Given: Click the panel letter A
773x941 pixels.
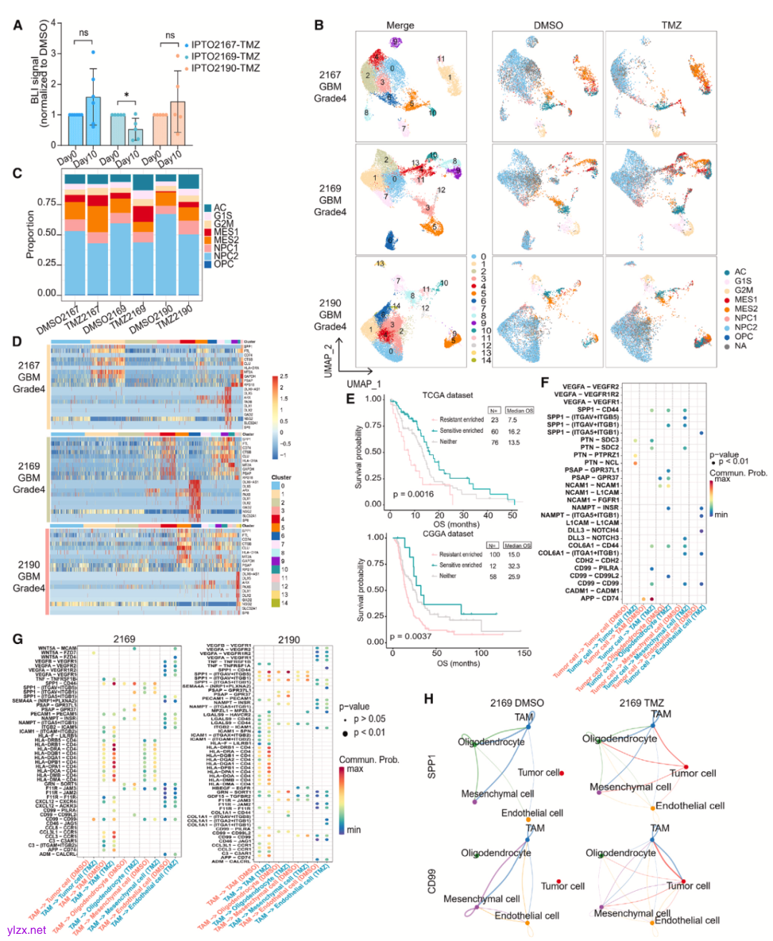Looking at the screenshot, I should (18, 25).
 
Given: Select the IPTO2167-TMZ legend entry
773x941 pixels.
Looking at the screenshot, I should (225, 44).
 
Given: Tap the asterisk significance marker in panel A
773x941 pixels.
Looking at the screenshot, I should (127, 95).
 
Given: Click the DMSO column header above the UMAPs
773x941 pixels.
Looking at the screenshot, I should (548, 25).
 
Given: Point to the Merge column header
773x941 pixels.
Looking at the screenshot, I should (400, 25).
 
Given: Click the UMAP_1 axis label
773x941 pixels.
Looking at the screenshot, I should (364, 384).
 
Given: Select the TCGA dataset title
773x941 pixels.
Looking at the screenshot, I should (447, 394).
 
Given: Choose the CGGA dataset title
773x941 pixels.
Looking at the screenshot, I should (448, 533).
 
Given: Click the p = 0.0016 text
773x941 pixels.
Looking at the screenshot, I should (414, 494).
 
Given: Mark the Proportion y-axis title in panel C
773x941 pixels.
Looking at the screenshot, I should (30, 234).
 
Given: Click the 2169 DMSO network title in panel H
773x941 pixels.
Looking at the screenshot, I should (517, 703).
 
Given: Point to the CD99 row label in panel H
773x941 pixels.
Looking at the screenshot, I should (432, 881).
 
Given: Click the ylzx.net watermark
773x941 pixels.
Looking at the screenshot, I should (26, 930).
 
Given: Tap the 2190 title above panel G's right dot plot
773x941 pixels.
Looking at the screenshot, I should (288, 639).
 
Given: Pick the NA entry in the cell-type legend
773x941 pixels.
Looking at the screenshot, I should (740, 346).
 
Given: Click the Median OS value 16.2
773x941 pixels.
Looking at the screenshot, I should (514, 432).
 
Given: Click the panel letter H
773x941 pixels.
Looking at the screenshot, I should (429, 699).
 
